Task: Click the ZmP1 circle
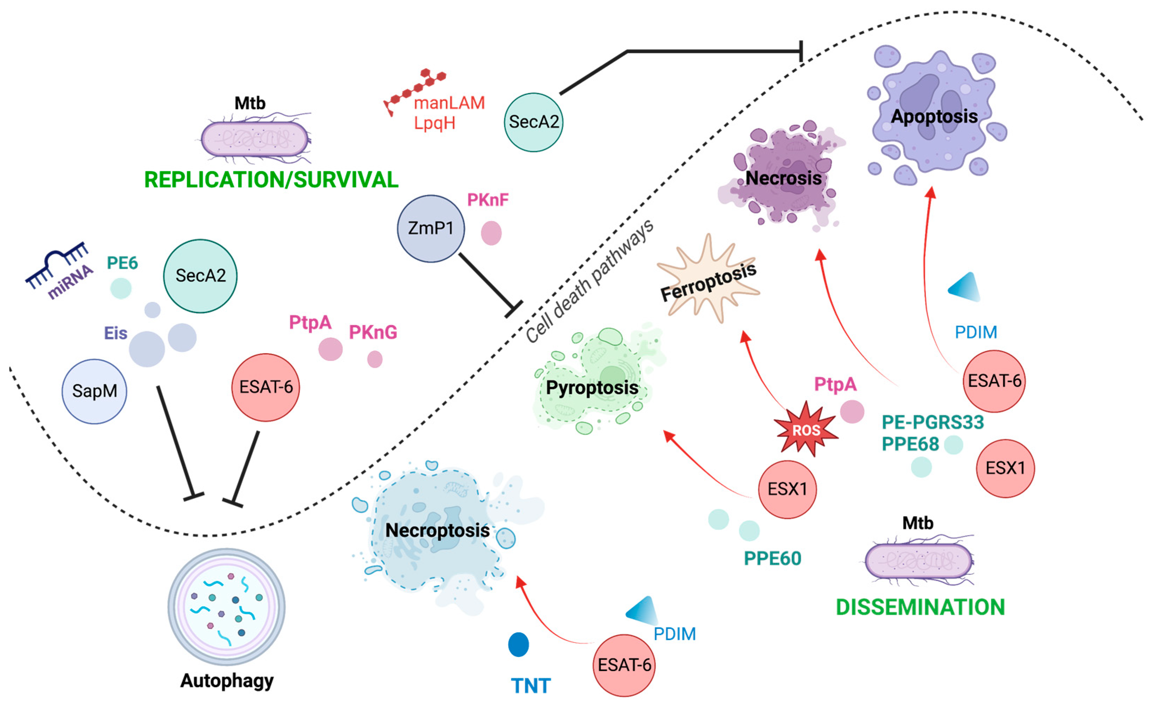[431, 229]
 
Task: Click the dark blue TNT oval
[519, 645]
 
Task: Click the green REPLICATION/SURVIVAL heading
[271, 180]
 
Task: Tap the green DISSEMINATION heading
[920, 607]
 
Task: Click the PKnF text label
[488, 200]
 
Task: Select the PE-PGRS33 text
[933, 422]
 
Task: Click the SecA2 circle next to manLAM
[533, 122]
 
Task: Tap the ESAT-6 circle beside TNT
[624, 665]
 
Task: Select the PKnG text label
[373, 332]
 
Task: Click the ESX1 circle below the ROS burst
[787, 489]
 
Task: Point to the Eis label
[115, 333]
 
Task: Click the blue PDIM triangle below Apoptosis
[965, 286]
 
